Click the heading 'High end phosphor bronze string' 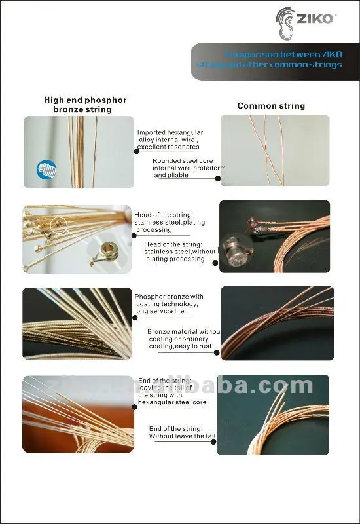coord(84,105)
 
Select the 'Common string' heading coord(271,105)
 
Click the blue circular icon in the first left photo coord(44,170)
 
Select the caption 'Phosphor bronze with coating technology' coord(169,300)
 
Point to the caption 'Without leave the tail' coord(177,436)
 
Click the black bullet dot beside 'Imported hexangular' coord(136,151)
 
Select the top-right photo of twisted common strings coord(274,150)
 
